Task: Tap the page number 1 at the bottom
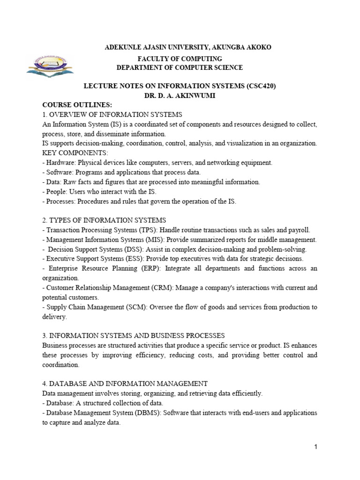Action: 316,447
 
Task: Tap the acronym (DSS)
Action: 127,249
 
